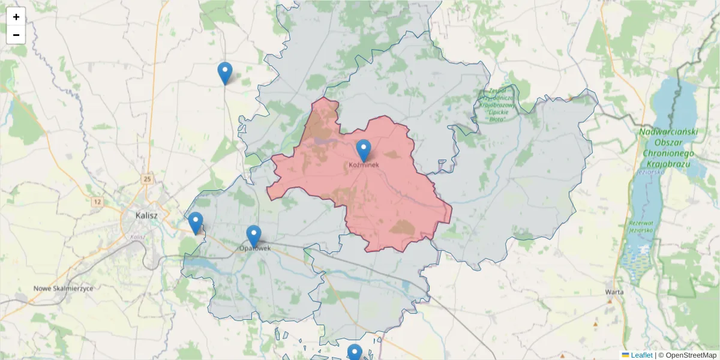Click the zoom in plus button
(x=16, y=17)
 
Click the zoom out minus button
(x=16, y=35)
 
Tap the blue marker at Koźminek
(x=363, y=150)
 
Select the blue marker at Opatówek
(x=254, y=236)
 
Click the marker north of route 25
(x=225, y=73)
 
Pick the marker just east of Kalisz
(x=195, y=223)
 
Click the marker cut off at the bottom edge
(x=355, y=352)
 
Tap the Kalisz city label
(x=146, y=215)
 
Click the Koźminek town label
(x=364, y=166)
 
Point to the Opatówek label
(x=255, y=248)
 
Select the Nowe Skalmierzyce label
(x=64, y=288)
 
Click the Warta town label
(x=614, y=292)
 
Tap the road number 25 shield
(x=147, y=179)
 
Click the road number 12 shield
(x=97, y=202)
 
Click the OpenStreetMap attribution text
(x=687, y=355)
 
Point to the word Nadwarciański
(x=667, y=132)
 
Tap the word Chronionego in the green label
(x=667, y=154)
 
